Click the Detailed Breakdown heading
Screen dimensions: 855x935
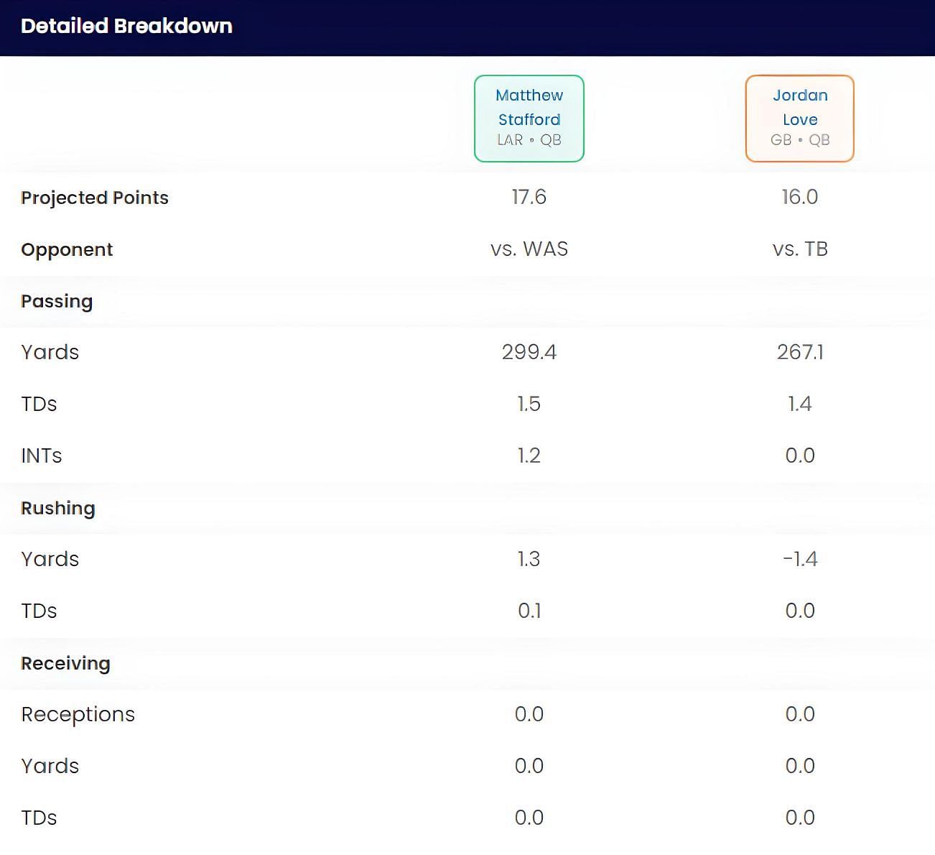[x=126, y=27]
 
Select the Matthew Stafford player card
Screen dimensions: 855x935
[x=529, y=119]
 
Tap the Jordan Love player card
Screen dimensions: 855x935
[x=799, y=119]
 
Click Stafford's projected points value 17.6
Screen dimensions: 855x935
[x=529, y=197]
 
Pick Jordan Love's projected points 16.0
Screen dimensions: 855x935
[x=799, y=197]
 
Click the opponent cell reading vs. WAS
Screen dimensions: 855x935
[x=529, y=249]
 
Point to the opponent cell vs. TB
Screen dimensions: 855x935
[x=800, y=249]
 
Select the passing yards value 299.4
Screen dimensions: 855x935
[x=529, y=352]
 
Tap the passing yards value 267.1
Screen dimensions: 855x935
[x=800, y=352]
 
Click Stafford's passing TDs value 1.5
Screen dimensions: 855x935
[x=529, y=404]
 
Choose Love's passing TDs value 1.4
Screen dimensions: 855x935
[x=800, y=404]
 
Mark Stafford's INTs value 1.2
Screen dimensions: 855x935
[x=529, y=456]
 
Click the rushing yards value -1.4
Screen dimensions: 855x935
[x=800, y=559]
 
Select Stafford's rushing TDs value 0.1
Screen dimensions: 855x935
[x=529, y=611]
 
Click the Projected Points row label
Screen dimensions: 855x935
[x=95, y=198]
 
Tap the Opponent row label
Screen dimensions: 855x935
[x=67, y=249]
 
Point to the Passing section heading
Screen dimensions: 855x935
[x=57, y=301]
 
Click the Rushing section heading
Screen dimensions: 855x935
[x=58, y=508]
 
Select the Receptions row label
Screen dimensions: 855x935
[x=78, y=714]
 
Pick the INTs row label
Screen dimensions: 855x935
[x=42, y=456]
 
